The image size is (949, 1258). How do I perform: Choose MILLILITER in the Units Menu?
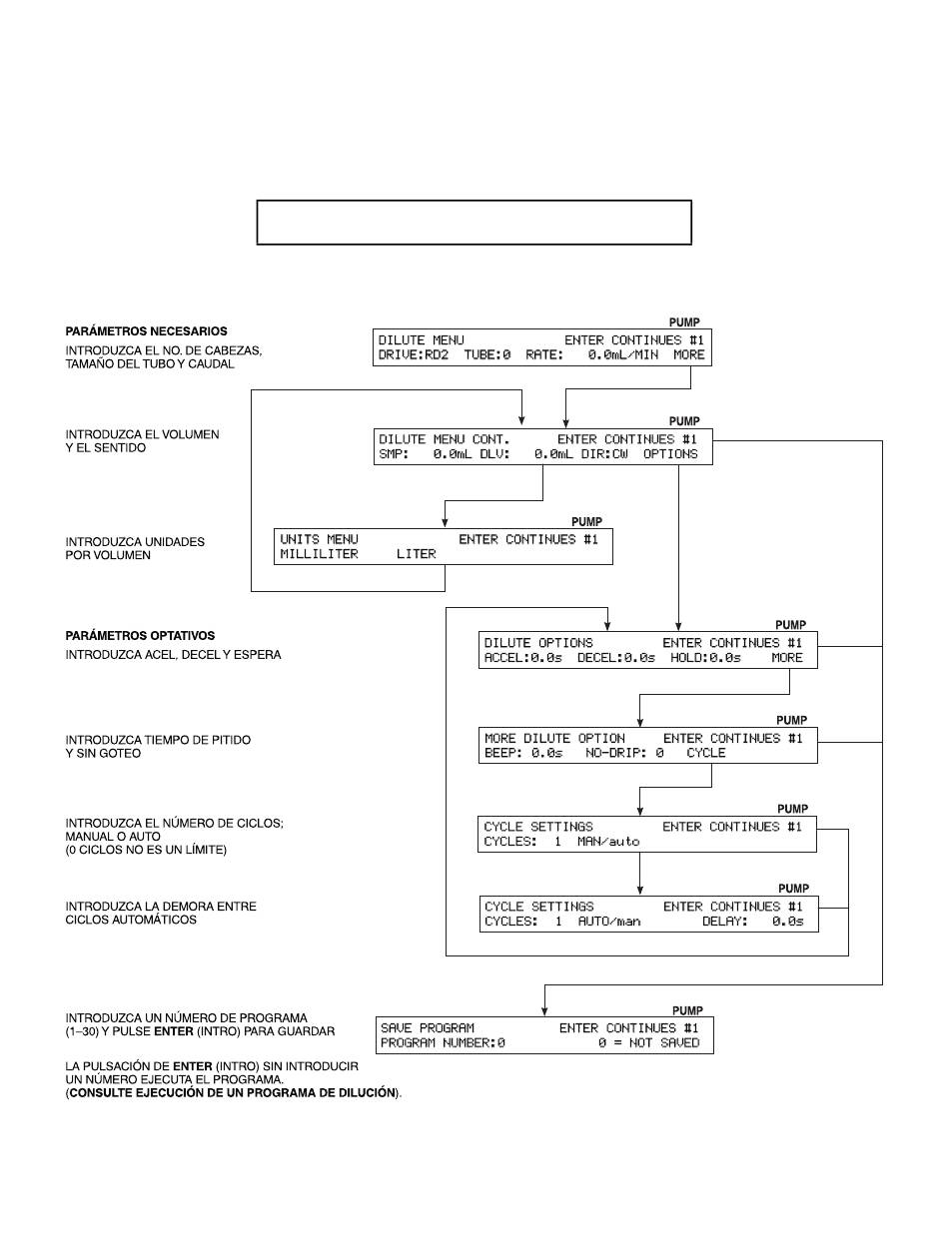pos(319,554)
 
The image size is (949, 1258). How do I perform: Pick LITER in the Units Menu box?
pos(416,554)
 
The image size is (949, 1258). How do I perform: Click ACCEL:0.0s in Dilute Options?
pos(526,658)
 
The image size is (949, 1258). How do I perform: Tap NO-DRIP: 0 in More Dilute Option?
pos(624,754)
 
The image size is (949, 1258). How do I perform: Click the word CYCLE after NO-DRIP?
pos(705,754)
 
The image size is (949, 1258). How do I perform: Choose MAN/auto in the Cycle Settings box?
pos(608,842)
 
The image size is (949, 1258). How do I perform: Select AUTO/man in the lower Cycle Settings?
pos(608,922)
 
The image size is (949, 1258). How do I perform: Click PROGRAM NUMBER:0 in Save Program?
pos(442,1043)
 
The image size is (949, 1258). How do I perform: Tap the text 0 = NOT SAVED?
pos(649,1043)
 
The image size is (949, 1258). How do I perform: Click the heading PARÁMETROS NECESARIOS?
pos(146,331)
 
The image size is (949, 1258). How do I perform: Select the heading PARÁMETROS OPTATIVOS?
pos(140,636)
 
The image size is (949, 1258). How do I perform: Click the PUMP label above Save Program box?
pos(687,1010)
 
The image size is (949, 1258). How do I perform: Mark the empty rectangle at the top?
pos(474,222)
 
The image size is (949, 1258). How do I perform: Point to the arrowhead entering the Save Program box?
pos(543,1011)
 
